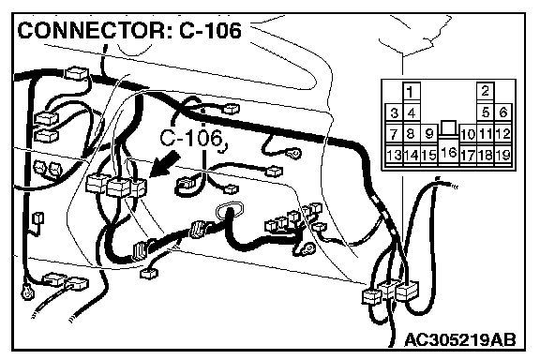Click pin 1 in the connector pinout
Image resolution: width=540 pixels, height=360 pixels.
coord(411,92)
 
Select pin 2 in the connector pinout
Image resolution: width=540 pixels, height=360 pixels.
coord(486,91)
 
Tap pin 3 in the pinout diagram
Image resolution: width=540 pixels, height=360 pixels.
coord(395,112)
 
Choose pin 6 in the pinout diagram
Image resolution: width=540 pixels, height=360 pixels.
coord(503,112)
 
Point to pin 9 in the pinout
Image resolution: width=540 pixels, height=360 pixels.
coord(428,133)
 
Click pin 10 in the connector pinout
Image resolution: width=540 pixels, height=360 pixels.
coord(468,134)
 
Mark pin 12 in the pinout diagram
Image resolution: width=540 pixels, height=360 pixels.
coord(503,133)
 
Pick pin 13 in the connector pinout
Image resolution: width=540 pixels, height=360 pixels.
coord(394,155)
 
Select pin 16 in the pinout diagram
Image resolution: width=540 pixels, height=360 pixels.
coord(448,152)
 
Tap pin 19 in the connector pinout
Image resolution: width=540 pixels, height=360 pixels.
coord(503,155)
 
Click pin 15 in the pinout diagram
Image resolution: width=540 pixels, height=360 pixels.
coord(428,155)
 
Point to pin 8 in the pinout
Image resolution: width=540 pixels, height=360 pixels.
coord(412,133)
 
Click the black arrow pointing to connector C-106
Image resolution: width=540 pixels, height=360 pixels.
coord(166,164)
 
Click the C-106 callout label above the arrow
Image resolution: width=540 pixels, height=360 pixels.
coord(191,139)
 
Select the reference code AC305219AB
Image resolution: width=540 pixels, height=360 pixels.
coord(460,340)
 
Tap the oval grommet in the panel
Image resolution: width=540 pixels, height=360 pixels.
coord(229,211)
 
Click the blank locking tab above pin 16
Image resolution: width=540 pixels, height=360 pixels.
coord(448,127)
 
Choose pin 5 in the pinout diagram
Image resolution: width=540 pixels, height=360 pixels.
coord(486,112)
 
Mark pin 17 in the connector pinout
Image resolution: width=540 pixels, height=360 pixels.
coord(468,155)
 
